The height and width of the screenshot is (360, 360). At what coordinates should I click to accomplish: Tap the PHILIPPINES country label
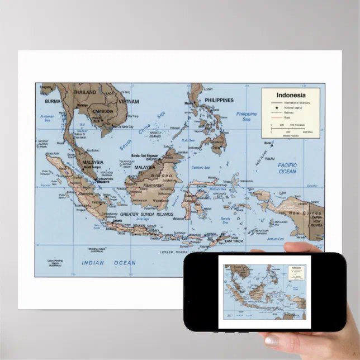(219, 101)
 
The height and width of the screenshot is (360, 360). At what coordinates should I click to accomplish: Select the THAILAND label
(85, 93)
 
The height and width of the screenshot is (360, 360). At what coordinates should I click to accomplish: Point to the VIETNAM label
(129, 102)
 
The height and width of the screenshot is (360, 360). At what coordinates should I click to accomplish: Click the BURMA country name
(53, 102)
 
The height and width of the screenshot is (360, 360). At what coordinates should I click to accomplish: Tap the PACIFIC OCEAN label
(287, 168)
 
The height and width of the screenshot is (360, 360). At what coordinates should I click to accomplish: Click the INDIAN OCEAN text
(108, 263)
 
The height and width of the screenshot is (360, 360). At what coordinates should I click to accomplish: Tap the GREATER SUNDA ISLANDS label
(146, 214)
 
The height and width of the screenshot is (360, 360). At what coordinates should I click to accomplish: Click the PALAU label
(270, 158)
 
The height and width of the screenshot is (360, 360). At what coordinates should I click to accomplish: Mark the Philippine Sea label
(246, 116)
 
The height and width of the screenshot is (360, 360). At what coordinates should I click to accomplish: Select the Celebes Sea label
(200, 167)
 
